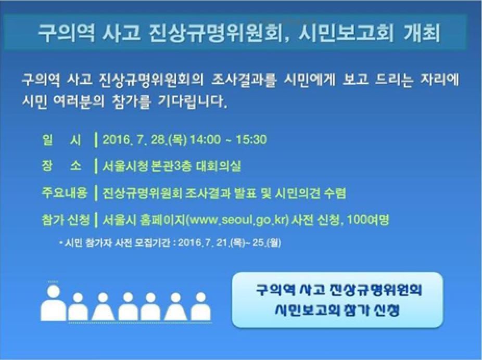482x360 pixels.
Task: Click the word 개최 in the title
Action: (x=423, y=33)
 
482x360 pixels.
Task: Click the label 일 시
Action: (x=61, y=139)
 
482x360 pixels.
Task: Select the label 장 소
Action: (x=61, y=166)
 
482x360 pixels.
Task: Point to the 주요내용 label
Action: (x=64, y=193)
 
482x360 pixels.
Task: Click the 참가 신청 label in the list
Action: (x=64, y=220)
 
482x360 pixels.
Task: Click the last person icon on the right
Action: (x=200, y=307)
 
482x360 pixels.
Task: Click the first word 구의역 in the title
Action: (x=59, y=33)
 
